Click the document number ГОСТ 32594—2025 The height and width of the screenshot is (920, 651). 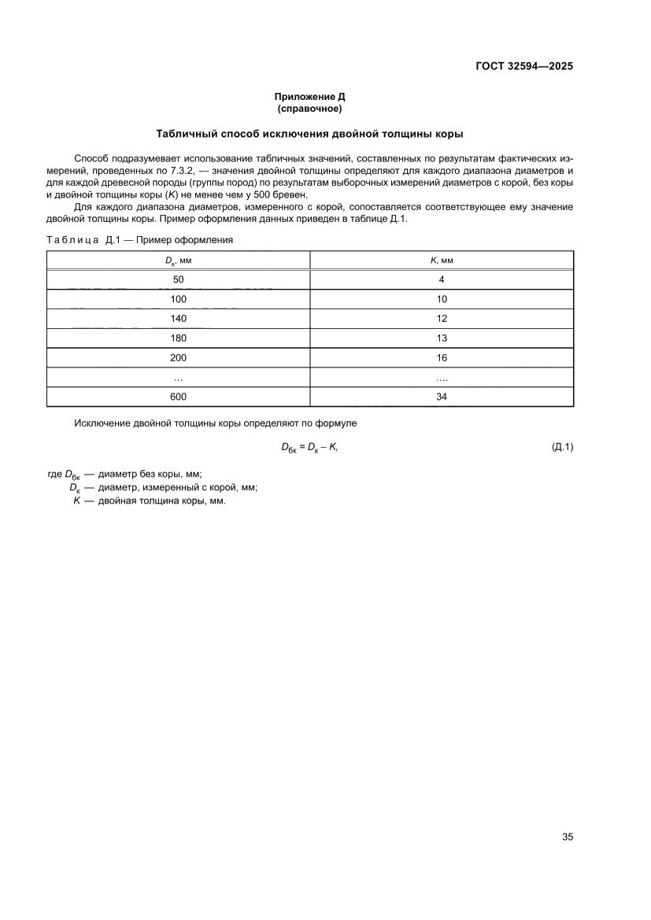coord(524,66)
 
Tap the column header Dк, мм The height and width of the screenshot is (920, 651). coord(178,260)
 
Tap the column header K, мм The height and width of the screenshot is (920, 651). coord(442,260)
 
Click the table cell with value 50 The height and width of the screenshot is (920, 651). coord(178,279)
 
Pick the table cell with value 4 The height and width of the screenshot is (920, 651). coord(442,279)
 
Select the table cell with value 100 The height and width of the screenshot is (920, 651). coord(178,299)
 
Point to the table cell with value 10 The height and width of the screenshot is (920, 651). coord(442,299)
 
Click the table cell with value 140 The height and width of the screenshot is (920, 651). coord(178,319)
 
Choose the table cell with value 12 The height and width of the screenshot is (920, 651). coord(442,319)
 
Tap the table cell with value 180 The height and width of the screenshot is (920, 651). coord(178,338)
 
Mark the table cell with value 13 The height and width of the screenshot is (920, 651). coord(442,338)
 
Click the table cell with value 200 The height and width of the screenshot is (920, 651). coord(178,358)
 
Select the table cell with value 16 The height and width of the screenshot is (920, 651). coord(442,358)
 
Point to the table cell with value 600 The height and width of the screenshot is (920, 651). coord(178,397)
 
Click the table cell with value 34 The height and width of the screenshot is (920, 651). coord(442,397)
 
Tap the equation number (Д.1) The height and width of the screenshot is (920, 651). coord(562,447)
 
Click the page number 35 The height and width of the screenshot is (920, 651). coord(567,837)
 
